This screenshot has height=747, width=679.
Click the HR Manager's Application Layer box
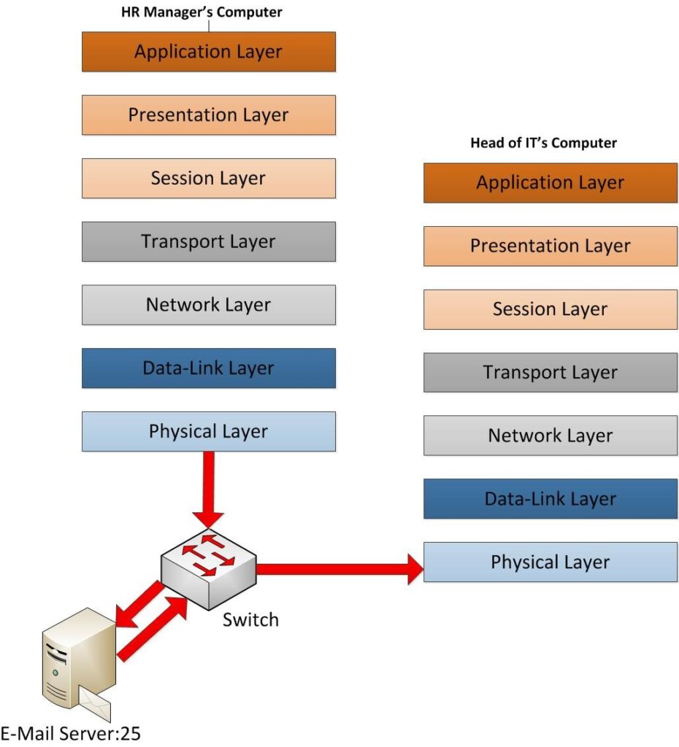click(208, 52)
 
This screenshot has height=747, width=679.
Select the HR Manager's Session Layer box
click(208, 178)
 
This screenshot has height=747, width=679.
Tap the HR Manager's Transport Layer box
click(208, 241)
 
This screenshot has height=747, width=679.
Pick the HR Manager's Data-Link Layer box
click(208, 368)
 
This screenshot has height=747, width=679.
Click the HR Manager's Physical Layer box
click(208, 431)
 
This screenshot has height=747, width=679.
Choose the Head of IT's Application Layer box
click(550, 182)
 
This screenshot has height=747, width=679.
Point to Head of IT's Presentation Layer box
click(550, 246)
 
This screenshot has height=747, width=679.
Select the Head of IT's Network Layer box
click(550, 436)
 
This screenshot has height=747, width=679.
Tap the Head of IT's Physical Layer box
click(550, 562)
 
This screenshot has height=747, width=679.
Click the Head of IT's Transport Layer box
click(550, 372)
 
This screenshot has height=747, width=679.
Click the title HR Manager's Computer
click(202, 12)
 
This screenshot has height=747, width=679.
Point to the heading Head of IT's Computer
click(543, 143)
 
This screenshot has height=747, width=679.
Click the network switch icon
click(209, 568)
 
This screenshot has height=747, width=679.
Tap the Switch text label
click(250, 620)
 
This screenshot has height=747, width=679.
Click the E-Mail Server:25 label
click(71, 733)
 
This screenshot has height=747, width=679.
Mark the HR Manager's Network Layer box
click(208, 305)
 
